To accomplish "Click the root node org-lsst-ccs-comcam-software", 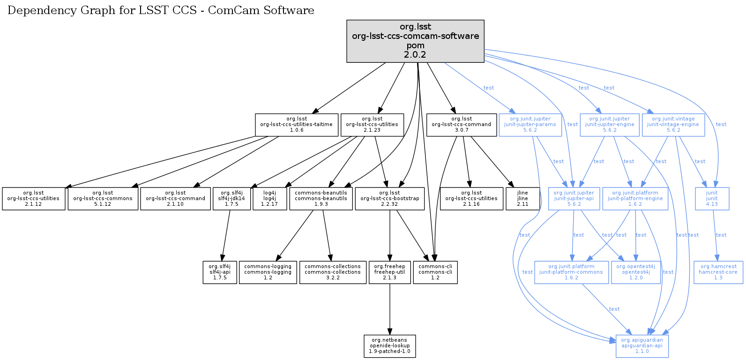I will tap(415, 41).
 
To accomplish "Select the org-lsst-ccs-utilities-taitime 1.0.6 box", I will tap(296, 125).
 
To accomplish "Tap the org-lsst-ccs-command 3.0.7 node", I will tap(461, 125).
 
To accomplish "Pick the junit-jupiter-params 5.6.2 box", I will tap(530, 125).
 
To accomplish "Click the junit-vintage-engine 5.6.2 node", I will tap(673, 125).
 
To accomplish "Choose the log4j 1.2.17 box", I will tap(269, 199).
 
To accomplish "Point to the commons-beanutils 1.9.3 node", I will tap(321, 199).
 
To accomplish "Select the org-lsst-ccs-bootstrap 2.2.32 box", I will tap(389, 199).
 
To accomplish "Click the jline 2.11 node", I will tap(522, 199).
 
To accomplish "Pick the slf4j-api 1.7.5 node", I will tap(220, 272).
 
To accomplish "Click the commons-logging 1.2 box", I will tap(268, 272).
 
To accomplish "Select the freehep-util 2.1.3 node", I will tap(389, 272).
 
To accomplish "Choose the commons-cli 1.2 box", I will tap(435, 272).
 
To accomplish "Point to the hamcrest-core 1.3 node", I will tap(718, 272).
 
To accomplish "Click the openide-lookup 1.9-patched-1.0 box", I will tap(389, 346).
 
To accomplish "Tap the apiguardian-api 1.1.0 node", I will tap(642, 346).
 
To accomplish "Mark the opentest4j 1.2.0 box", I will tap(636, 272).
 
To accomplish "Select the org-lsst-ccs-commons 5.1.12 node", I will tap(103, 199).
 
